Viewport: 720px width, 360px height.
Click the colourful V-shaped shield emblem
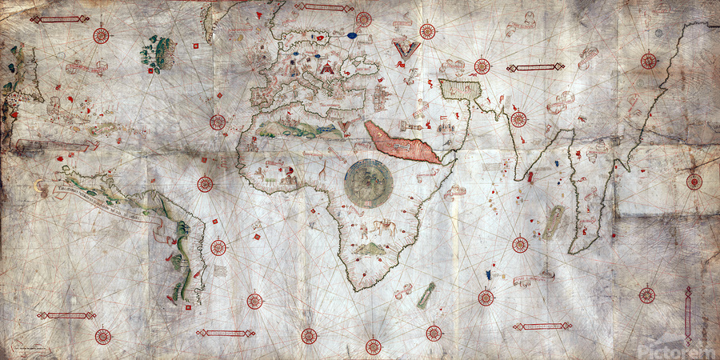tap(406, 50)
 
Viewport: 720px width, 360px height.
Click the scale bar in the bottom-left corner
tap(66, 315)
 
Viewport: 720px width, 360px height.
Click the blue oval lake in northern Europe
tap(352, 35)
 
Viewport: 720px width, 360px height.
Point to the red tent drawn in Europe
tap(326, 70)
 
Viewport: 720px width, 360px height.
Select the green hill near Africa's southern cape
tap(370, 250)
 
